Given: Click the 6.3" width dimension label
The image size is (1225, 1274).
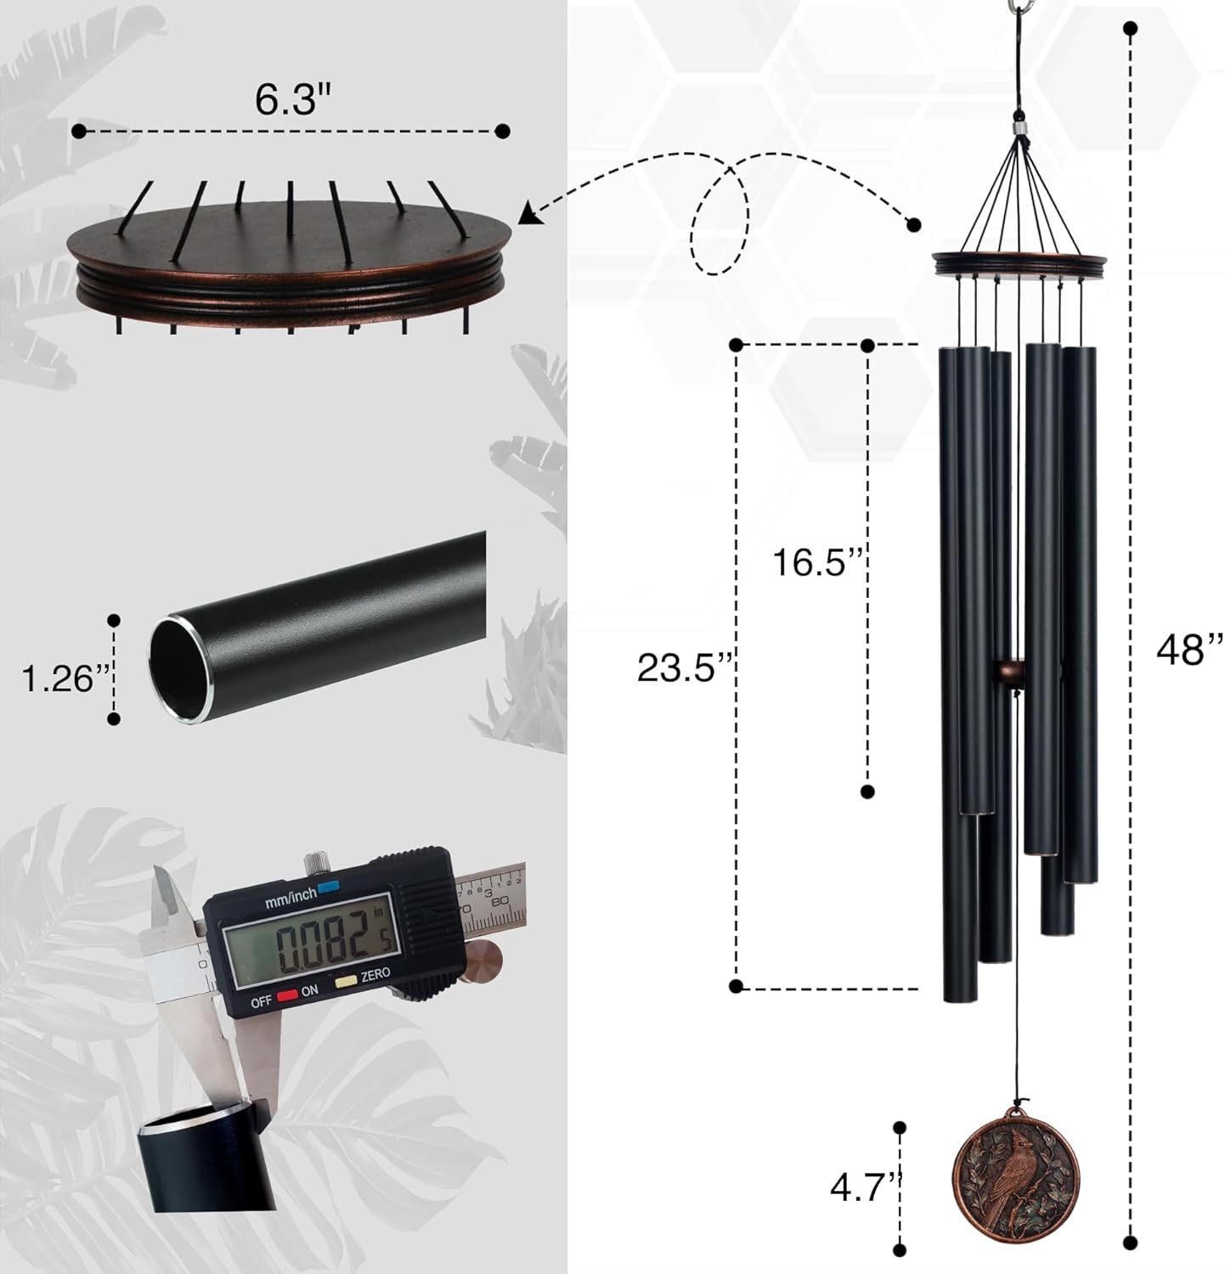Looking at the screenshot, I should [291, 100].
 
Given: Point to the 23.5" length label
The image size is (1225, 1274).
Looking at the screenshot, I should [684, 668].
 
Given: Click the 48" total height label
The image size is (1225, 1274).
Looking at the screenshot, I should [1188, 650].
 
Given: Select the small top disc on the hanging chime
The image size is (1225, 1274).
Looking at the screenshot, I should [1019, 264].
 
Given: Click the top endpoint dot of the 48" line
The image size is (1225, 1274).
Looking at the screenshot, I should [1130, 29].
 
